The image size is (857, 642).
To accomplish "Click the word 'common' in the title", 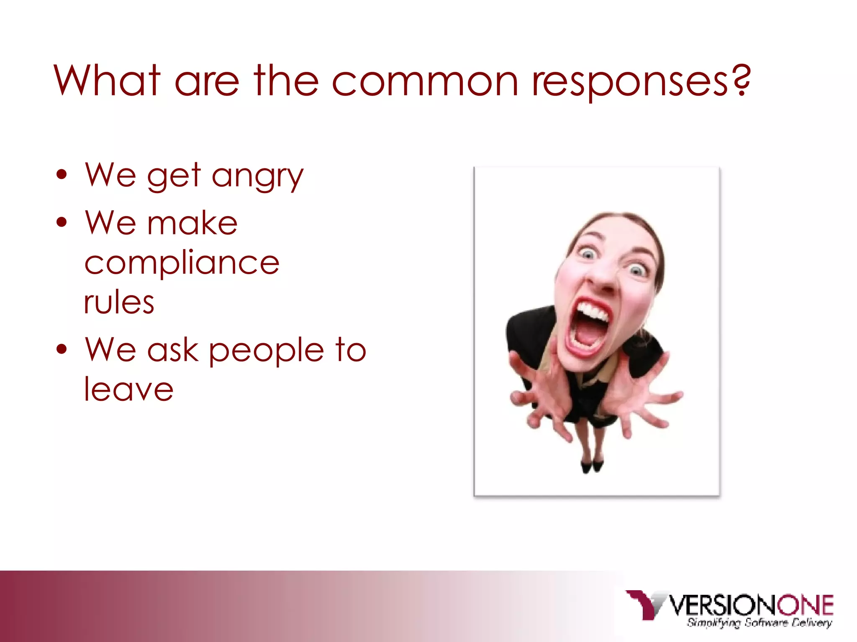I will coord(425,82).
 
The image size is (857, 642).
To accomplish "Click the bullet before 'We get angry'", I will coord(62,175).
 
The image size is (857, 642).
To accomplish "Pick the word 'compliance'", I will coord(182,263).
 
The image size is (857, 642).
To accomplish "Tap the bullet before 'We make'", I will coord(62,222).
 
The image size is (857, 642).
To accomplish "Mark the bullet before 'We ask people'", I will coord(62,349).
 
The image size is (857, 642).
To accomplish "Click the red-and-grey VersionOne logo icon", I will coord(645,604).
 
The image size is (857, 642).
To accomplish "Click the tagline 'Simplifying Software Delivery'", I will coord(759,623).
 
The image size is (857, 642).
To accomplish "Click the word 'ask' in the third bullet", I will coord(172,350).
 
